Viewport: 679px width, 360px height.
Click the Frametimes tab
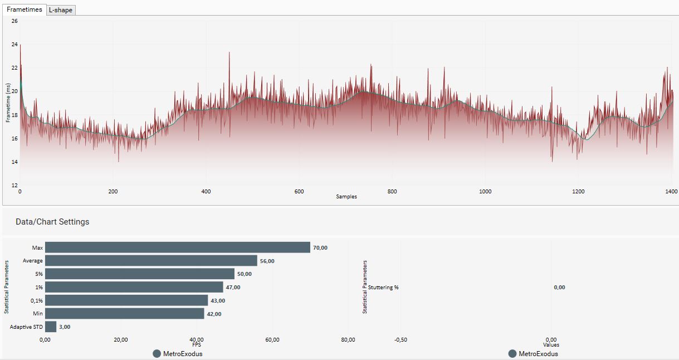click(x=24, y=9)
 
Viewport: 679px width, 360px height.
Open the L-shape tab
click(x=61, y=10)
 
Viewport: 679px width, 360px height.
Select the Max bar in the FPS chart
click(x=177, y=247)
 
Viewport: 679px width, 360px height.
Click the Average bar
click(x=151, y=261)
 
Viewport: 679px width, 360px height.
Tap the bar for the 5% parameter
click(x=139, y=274)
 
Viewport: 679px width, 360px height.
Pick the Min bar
click(x=124, y=314)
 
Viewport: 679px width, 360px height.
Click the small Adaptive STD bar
click(x=51, y=327)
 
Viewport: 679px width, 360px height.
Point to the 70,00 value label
click(x=320, y=247)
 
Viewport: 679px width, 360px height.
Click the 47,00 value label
click(x=233, y=287)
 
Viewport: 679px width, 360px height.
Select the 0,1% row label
click(x=37, y=300)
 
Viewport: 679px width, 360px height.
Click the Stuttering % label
click(x=383, y=288)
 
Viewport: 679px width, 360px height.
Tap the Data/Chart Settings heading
click(x=52, y=222)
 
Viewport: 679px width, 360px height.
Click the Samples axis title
click(x=346, y=197)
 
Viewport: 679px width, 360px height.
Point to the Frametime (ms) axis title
click(x=8, y=103)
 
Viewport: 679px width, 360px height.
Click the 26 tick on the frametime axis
click(x=14, y=21)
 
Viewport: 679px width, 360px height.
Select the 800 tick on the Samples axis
click(x=392, y=191)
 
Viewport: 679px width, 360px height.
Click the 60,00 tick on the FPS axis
click(x=272, y=340)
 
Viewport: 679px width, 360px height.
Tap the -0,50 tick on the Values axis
click(x=400, y=340)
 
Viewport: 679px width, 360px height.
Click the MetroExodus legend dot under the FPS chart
click(x=157, y=354)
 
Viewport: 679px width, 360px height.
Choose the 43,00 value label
click(x=218, y=300)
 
